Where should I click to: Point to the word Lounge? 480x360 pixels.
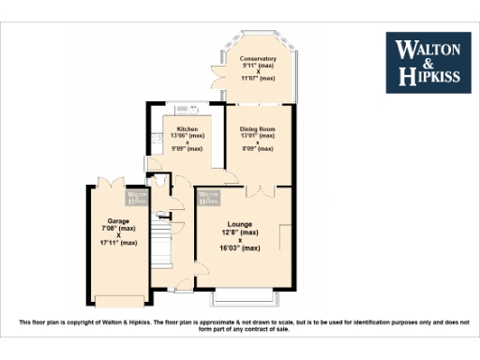[x=241, y=224]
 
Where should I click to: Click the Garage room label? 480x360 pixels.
[x=117, y=221]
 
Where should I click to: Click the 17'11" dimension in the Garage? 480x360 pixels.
[x=117, y=243]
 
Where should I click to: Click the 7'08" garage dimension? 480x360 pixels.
[x=117, y=228]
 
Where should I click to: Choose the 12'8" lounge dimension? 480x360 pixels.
[x=241, y=232]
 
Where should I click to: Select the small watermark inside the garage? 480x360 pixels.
[x=137, y=198]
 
